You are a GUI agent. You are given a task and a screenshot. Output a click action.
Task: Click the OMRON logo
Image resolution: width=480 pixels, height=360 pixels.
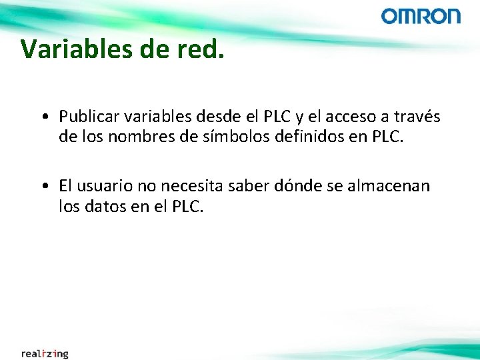click(x=421, y=16)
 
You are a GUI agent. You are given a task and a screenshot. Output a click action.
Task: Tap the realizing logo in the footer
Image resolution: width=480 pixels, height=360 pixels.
click(x=45, y=353)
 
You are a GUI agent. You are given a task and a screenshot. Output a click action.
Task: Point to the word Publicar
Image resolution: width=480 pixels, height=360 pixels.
click(x=86, y=117)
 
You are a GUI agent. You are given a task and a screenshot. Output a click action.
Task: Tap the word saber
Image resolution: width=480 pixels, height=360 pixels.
click(x=248, y=186)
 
